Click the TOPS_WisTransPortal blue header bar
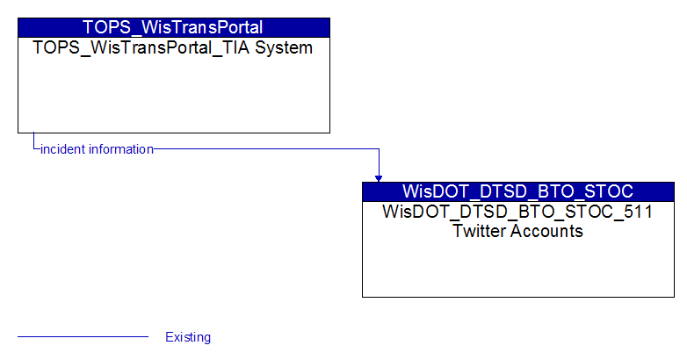174,27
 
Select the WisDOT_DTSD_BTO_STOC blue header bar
518,191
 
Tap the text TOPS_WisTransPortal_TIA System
172,47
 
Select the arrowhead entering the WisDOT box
379,179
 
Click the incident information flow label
97,149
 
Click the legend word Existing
188,337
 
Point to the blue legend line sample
83,337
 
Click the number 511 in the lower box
639,212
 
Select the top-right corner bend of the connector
379,149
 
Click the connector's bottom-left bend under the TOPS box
33,149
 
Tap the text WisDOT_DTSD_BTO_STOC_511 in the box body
517,212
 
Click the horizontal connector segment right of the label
266,149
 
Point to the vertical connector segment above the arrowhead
379,162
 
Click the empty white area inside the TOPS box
174,94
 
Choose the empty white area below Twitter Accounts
518,268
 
